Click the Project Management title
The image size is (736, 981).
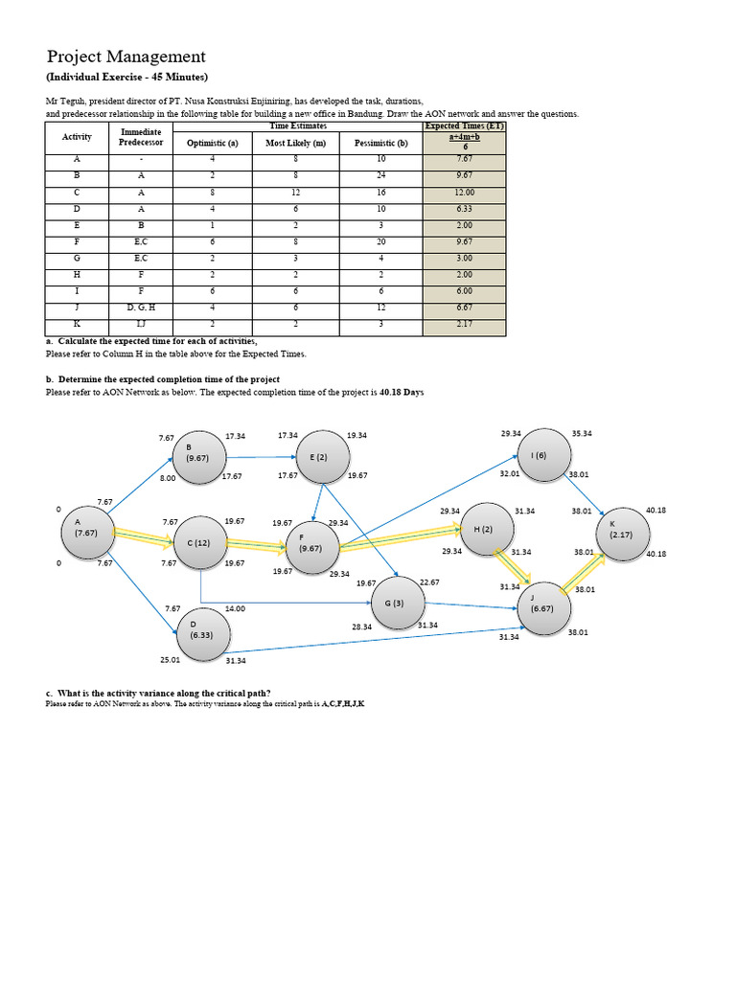126,57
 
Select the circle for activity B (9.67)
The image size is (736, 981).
197,453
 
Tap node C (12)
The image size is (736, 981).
198,542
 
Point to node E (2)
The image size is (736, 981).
318,457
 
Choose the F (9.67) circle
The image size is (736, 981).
310,549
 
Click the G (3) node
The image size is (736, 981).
395,603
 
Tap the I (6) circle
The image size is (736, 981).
540,455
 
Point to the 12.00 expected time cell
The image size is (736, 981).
465,192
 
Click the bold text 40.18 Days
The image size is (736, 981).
402,393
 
